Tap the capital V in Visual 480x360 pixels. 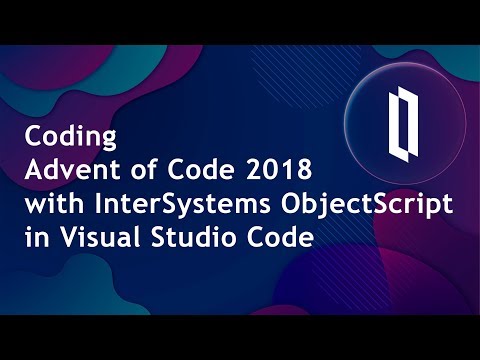click(58, 238)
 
